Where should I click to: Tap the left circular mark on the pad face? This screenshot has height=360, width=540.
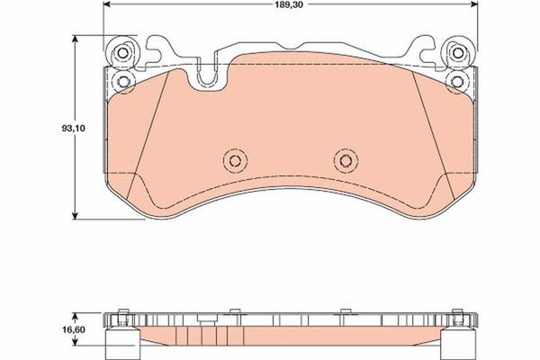(235, 159)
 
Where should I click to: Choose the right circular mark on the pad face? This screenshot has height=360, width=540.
(343, 159)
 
